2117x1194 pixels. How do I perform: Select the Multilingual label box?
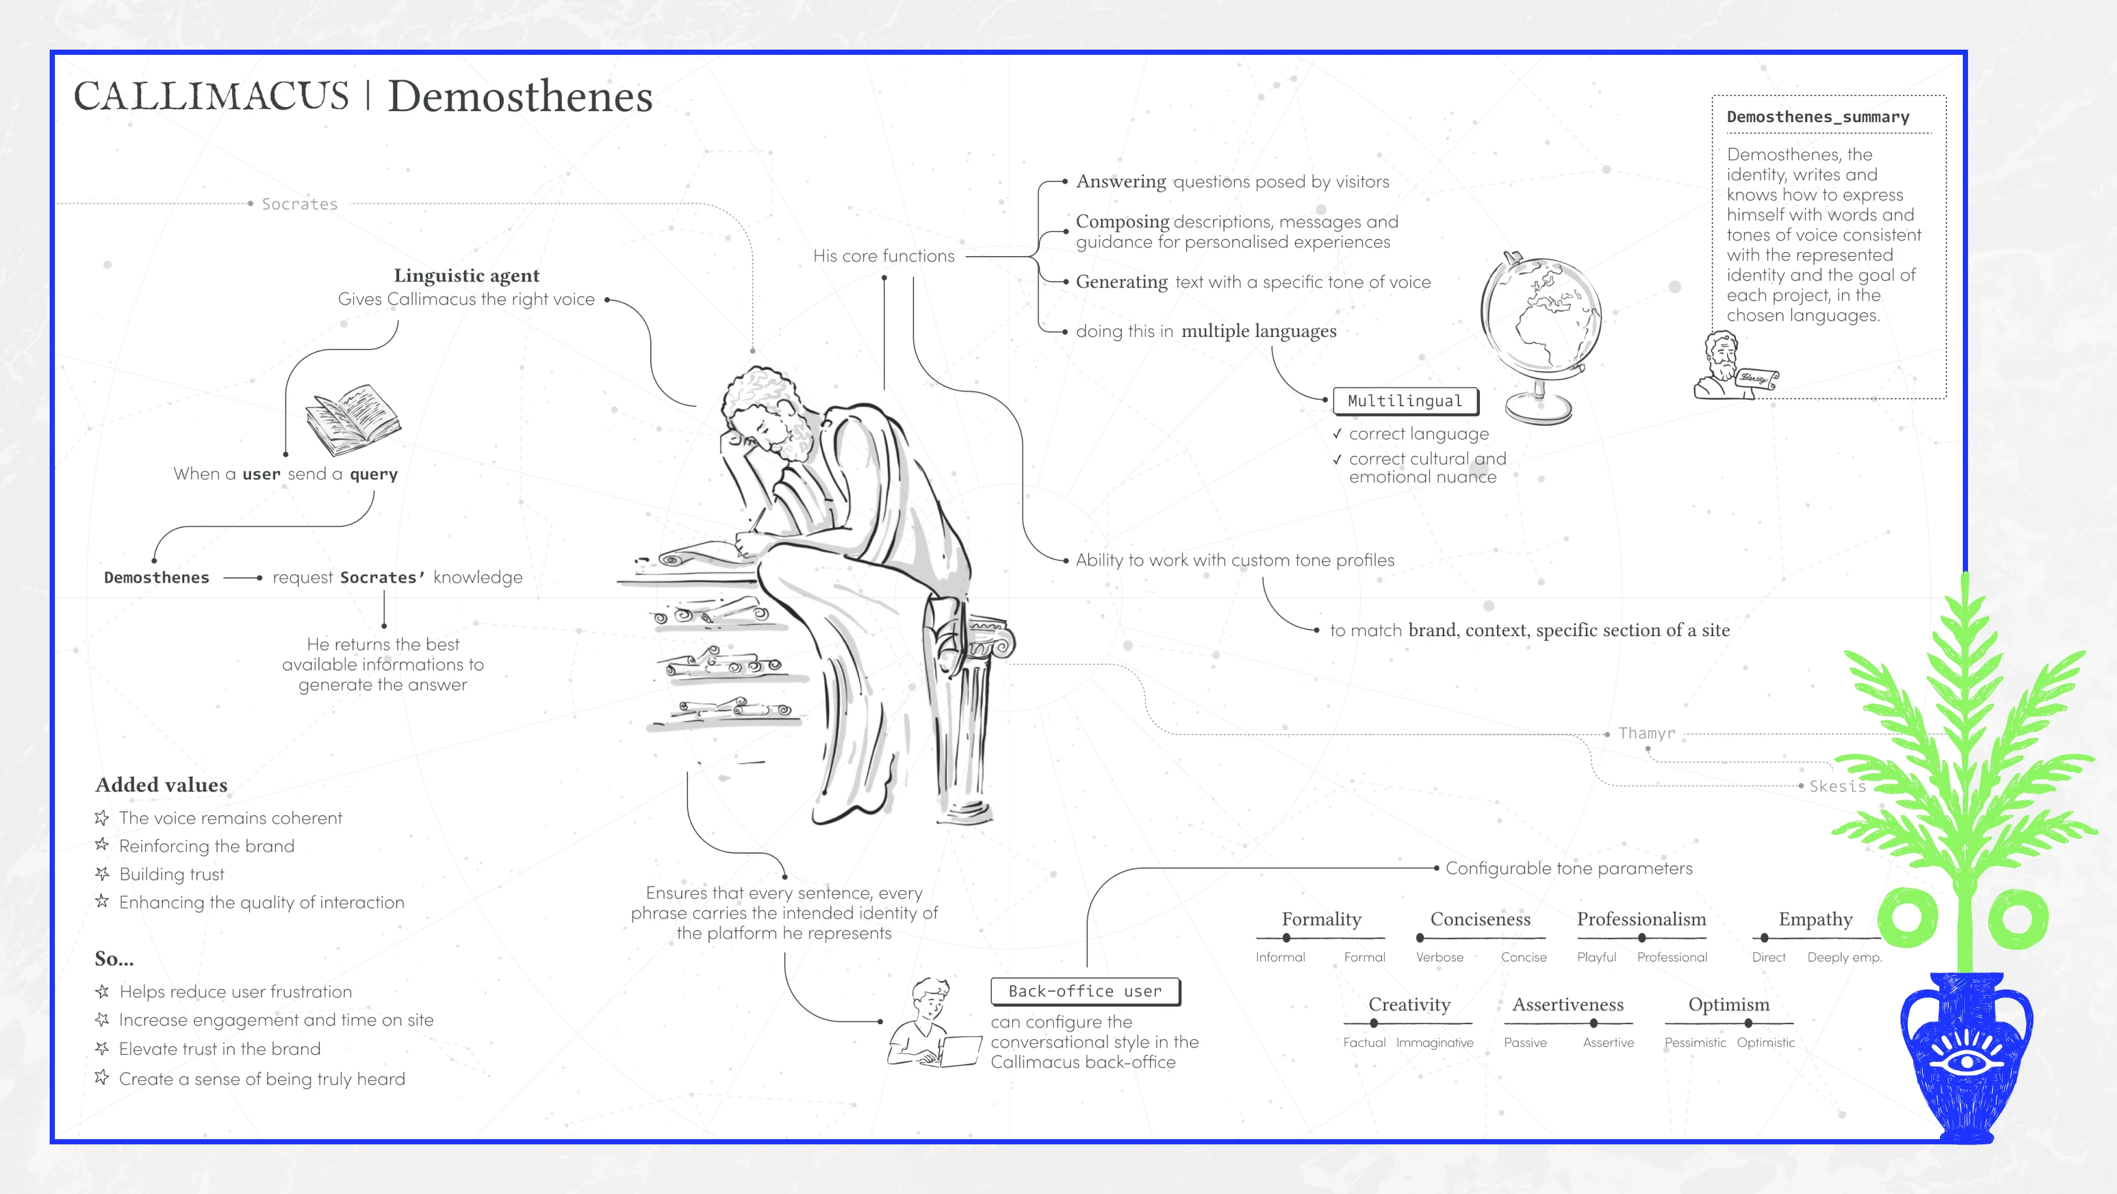pos(1405,401)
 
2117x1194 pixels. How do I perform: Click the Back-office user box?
pos(1085,991)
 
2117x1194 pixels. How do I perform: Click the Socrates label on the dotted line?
pos(299,204)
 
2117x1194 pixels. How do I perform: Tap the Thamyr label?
pos(1646,733)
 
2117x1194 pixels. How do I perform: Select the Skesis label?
pos(1837,786)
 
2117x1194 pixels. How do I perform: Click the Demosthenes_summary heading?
pos(1818,117)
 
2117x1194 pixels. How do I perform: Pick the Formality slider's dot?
pos(1286,937)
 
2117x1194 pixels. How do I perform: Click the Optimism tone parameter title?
pos(1728,1004)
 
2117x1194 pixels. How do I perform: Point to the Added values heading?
pos(161,784)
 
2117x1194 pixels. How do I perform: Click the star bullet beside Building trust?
pos(102,873)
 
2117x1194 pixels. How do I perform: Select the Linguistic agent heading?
pos(466,275)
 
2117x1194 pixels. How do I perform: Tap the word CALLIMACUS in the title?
pos(211,96)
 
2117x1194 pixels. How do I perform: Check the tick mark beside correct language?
pos(1337,434)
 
